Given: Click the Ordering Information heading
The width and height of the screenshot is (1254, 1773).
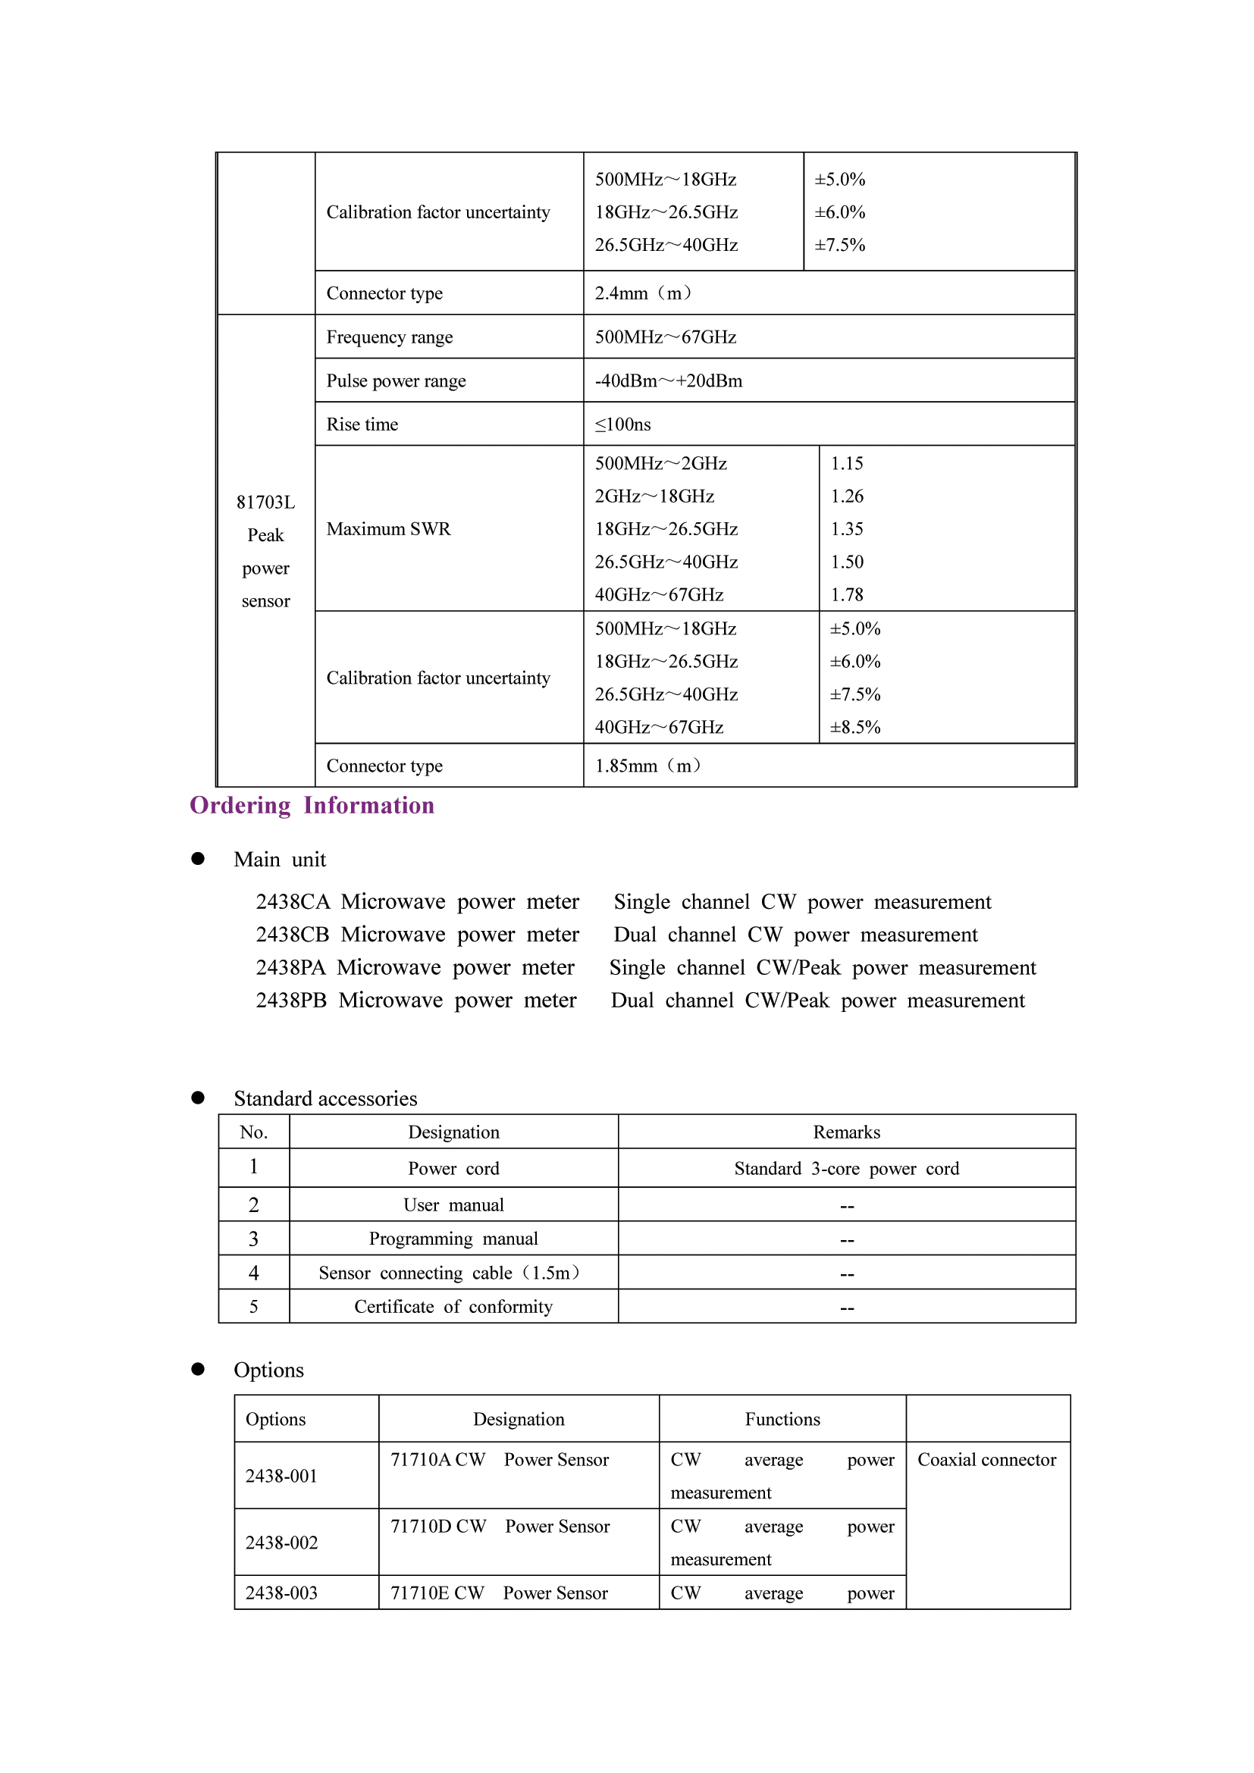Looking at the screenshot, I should pyautogui.click(x=312, y=806).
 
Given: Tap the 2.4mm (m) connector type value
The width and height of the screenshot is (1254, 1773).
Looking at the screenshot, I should pyautogui.click(x=643, y=293).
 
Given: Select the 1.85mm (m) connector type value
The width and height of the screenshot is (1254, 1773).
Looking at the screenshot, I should pyautogui.click(x=647, y=766).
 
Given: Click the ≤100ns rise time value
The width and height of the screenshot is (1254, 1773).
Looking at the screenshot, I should pyautogui.click(x=622, y=424).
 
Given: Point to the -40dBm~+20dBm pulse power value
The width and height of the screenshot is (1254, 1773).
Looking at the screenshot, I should pyautogui.click(x=668, y=381).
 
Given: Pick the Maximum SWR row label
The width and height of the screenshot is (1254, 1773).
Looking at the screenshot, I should pyautogui.click(x=388, y=529).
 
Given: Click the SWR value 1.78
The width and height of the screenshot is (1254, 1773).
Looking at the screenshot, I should pyautogui.click(x=847, y=594).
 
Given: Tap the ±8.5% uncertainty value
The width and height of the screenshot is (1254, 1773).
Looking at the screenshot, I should pyautogui.click(x=854, y=728).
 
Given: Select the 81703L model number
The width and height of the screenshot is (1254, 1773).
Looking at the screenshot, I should pyautogui.click(x=265, y=503).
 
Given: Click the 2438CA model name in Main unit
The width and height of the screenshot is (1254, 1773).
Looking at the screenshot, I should pyautogui.click(x=293, y=902).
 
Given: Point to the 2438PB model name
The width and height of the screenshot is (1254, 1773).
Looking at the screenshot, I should pyautogui.click(x=291, y=1001).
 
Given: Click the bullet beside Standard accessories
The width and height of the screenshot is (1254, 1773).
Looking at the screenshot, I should pyautogui.click(x=198, y=1098).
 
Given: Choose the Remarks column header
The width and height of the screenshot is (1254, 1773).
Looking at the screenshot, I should pyautogui.click(x=846, y=1132).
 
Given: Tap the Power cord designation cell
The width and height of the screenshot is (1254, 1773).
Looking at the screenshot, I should pyautogui.click(x=453, y=1168).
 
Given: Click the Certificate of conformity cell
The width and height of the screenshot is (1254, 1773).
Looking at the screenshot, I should pyautogui.click(x=453, y=1307).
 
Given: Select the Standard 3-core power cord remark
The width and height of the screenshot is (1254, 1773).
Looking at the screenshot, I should pyautogui.click(x=846, y=1168).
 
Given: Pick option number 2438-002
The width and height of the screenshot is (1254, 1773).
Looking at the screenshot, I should pyautogui.click(x=281, y=1543).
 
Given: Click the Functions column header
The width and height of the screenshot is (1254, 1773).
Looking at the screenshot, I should pyautogui.click(x=782, y=1419).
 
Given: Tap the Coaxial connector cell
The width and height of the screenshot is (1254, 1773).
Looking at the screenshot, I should pyautogui.click(x=987, y=1459).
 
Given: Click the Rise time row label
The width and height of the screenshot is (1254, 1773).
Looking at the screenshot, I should pyautogui.click(x=362, y=424).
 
